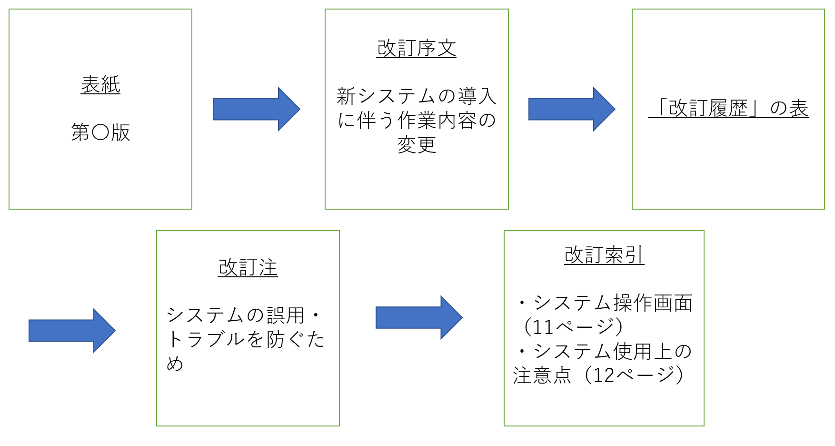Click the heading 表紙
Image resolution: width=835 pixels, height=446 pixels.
(x=100, y=85)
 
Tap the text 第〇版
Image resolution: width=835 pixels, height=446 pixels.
(x=100, y=132)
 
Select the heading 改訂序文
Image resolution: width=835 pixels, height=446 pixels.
(x=417, y=49)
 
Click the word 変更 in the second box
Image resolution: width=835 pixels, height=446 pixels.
(x=417, y=144)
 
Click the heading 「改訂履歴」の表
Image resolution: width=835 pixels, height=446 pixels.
(x=728, y=108)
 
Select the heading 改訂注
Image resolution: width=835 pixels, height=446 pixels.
(x=248, y=268)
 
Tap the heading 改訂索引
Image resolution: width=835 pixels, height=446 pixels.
(x=604, y=255)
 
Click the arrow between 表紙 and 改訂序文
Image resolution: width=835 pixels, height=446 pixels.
(x=256, y=109)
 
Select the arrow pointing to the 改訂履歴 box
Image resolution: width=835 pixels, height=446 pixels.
(x=571, y=109)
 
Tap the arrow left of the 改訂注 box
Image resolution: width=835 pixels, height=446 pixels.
(x=71, y=331)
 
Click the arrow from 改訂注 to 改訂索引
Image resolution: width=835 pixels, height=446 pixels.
(x=418, y=318)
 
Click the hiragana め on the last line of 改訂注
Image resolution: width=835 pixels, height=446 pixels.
(x=175, y=364)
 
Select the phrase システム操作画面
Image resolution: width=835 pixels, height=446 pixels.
(x=613, y=303)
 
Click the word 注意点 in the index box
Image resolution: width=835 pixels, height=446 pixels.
(x=542, y=375)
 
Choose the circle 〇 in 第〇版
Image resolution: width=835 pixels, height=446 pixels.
(x=100, y=132)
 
